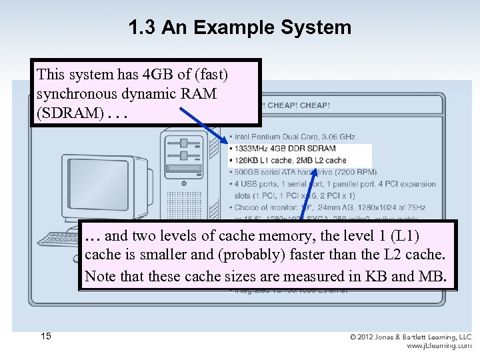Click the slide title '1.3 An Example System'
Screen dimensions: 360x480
239,27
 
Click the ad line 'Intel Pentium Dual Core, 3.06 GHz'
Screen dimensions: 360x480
293,136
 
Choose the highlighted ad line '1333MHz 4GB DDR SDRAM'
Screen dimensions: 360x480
285,148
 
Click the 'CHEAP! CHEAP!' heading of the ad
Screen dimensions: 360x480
297,105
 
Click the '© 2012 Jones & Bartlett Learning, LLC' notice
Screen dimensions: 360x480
411,337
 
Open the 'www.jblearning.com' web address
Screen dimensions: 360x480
439,346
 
